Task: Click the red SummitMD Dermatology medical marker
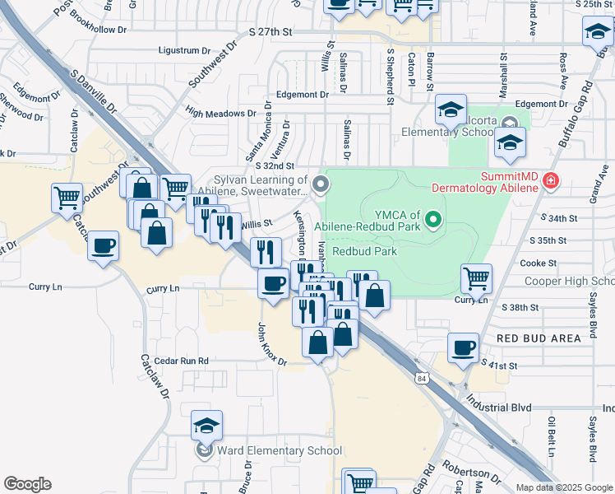[x=550, y=180]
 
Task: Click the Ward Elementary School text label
[x=279, y=450]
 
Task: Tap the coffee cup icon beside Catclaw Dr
[x=104, y=246]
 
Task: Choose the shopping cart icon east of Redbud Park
[x=476, y=279]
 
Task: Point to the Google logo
[x=27, y=484]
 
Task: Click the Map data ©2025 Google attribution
[x=564, y=487]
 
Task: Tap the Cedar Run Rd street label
[x=174, y=361]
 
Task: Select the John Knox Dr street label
[x=271, y=344]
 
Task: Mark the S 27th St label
[x=271, y=31]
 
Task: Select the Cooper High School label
[x=569, y=282]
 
